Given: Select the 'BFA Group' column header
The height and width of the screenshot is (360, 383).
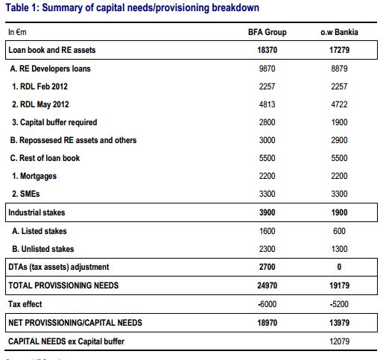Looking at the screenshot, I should pos(267,33).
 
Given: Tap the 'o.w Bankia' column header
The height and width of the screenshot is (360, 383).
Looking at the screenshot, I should pos(336,33).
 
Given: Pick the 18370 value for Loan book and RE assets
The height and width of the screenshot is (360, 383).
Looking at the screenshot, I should pos(267,51).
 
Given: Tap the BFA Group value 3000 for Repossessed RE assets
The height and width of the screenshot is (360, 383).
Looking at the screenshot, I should pos(267,140).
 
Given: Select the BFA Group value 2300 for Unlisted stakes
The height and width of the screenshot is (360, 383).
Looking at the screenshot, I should pos(267,249).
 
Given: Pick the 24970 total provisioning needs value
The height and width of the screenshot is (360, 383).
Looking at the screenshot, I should pos(267,285).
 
